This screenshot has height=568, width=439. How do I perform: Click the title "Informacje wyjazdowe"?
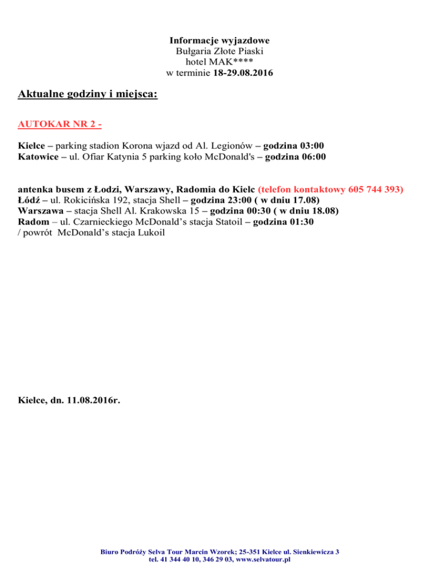pos(219,41)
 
